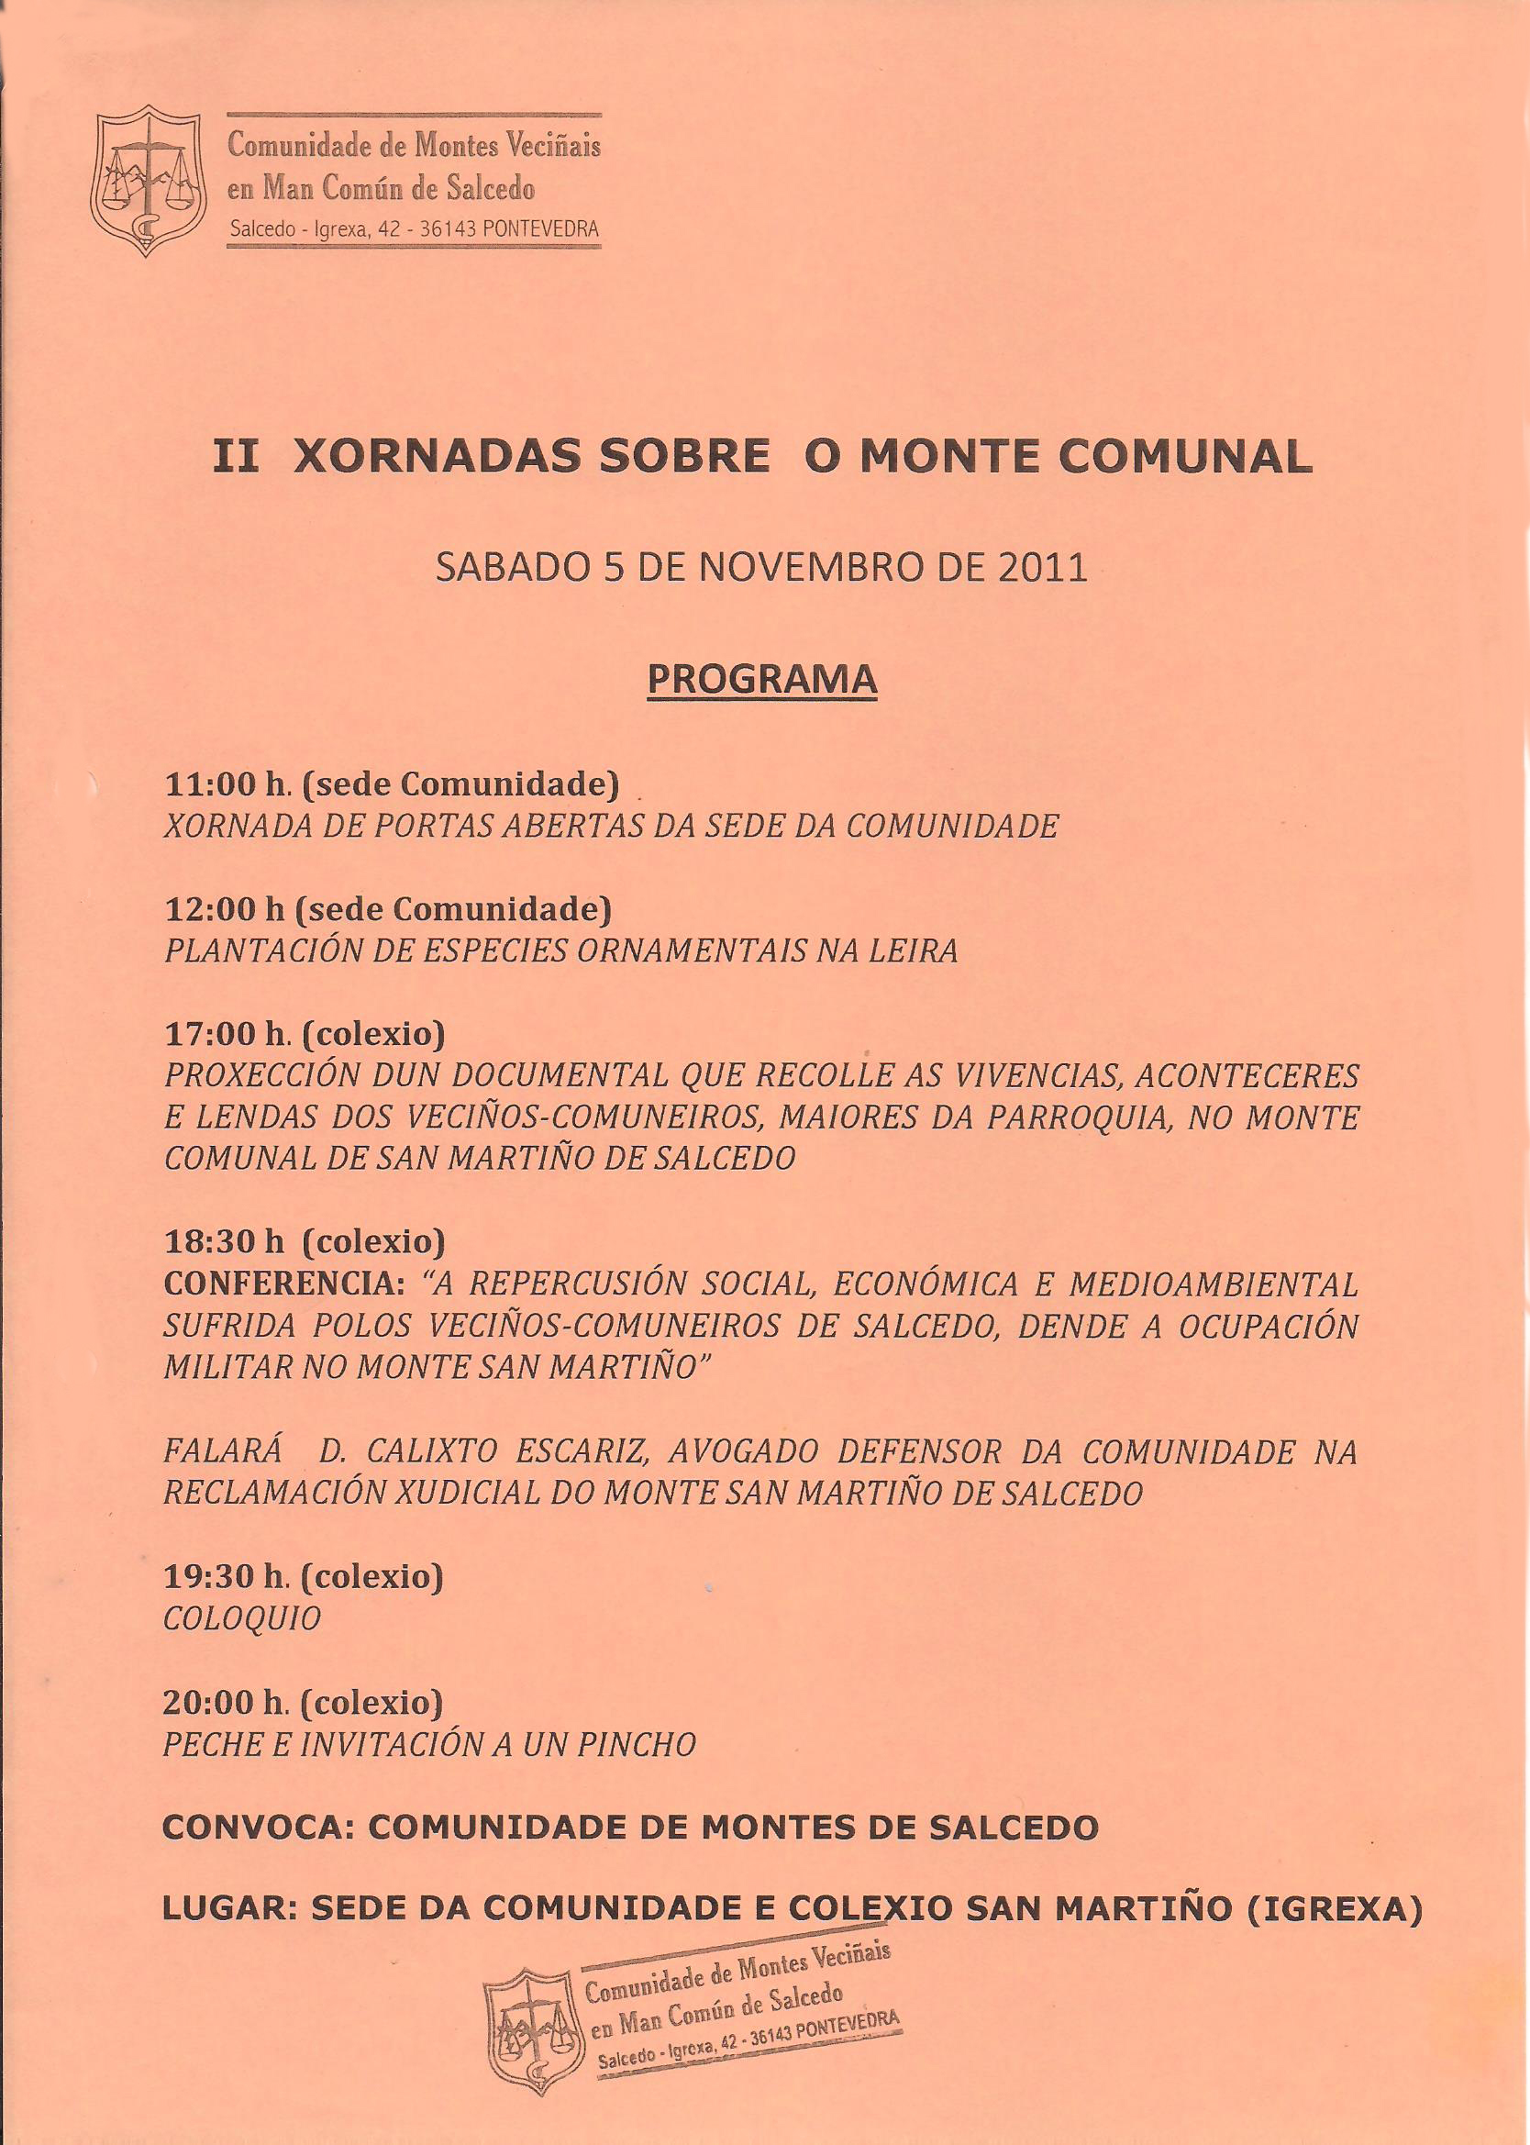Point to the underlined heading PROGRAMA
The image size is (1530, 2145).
(761, 678)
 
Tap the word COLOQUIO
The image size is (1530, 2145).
(242, 1618)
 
